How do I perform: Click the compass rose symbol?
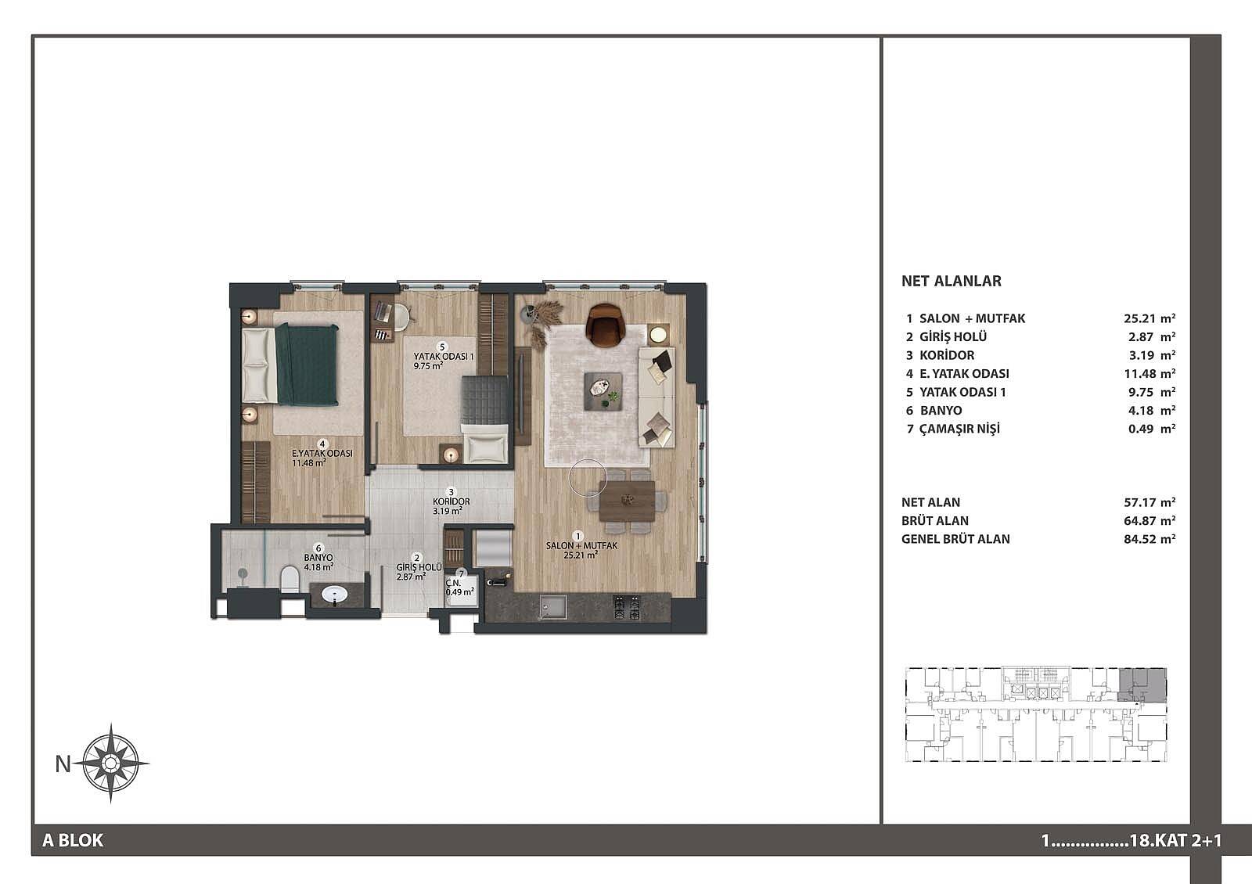[110, 763]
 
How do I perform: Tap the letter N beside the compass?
[63, 764]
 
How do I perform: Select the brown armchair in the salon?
[606, 325]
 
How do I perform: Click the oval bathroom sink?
[334, 595]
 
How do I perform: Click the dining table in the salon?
[627, 501]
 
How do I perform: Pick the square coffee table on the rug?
[603, 392]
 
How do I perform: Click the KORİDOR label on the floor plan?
[451, 501]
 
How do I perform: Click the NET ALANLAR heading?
[952, 281]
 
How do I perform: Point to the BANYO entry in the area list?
[941, 410]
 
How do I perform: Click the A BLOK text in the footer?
[74, 840]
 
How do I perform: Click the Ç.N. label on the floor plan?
[453, 583]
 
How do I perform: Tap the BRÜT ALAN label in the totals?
[935, 521]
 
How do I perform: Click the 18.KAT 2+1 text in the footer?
[1175, 840]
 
